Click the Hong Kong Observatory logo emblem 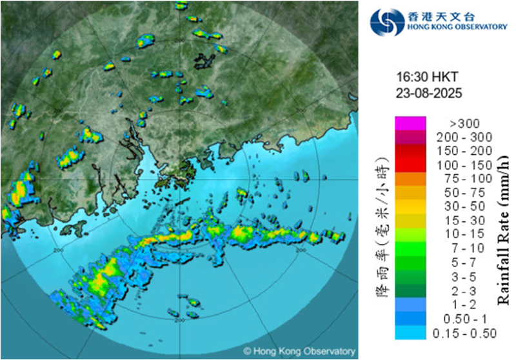click(x=386, y=22)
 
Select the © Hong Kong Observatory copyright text click(x=299, y=352)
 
